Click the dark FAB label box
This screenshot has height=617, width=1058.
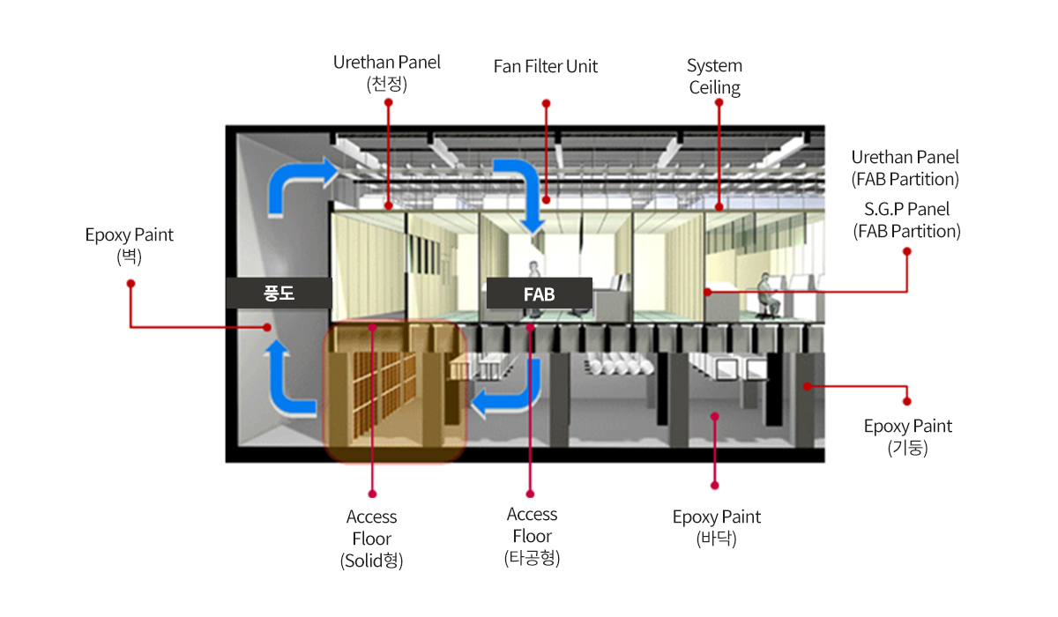[540, 294]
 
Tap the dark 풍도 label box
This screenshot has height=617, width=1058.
[279, 294]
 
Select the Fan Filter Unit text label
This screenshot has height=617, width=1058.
[546, 67]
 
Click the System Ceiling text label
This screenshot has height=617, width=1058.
[715, 77]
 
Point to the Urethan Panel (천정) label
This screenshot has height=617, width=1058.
[387, 72]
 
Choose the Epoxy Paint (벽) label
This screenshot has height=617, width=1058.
[130, 246]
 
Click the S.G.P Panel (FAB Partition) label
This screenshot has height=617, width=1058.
[907, 220]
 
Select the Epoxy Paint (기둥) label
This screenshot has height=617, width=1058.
[908, 436]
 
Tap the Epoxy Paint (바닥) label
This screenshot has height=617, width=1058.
[717, 527]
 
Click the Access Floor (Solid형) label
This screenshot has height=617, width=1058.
[372, 539]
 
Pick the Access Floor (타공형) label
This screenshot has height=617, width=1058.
[532, 536]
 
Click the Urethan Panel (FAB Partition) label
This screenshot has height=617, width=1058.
[905, 168]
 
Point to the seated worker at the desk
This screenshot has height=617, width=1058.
[766, 295]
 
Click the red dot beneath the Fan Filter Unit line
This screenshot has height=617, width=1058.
[546, 200]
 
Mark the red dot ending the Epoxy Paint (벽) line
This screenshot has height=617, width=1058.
[267, 327]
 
